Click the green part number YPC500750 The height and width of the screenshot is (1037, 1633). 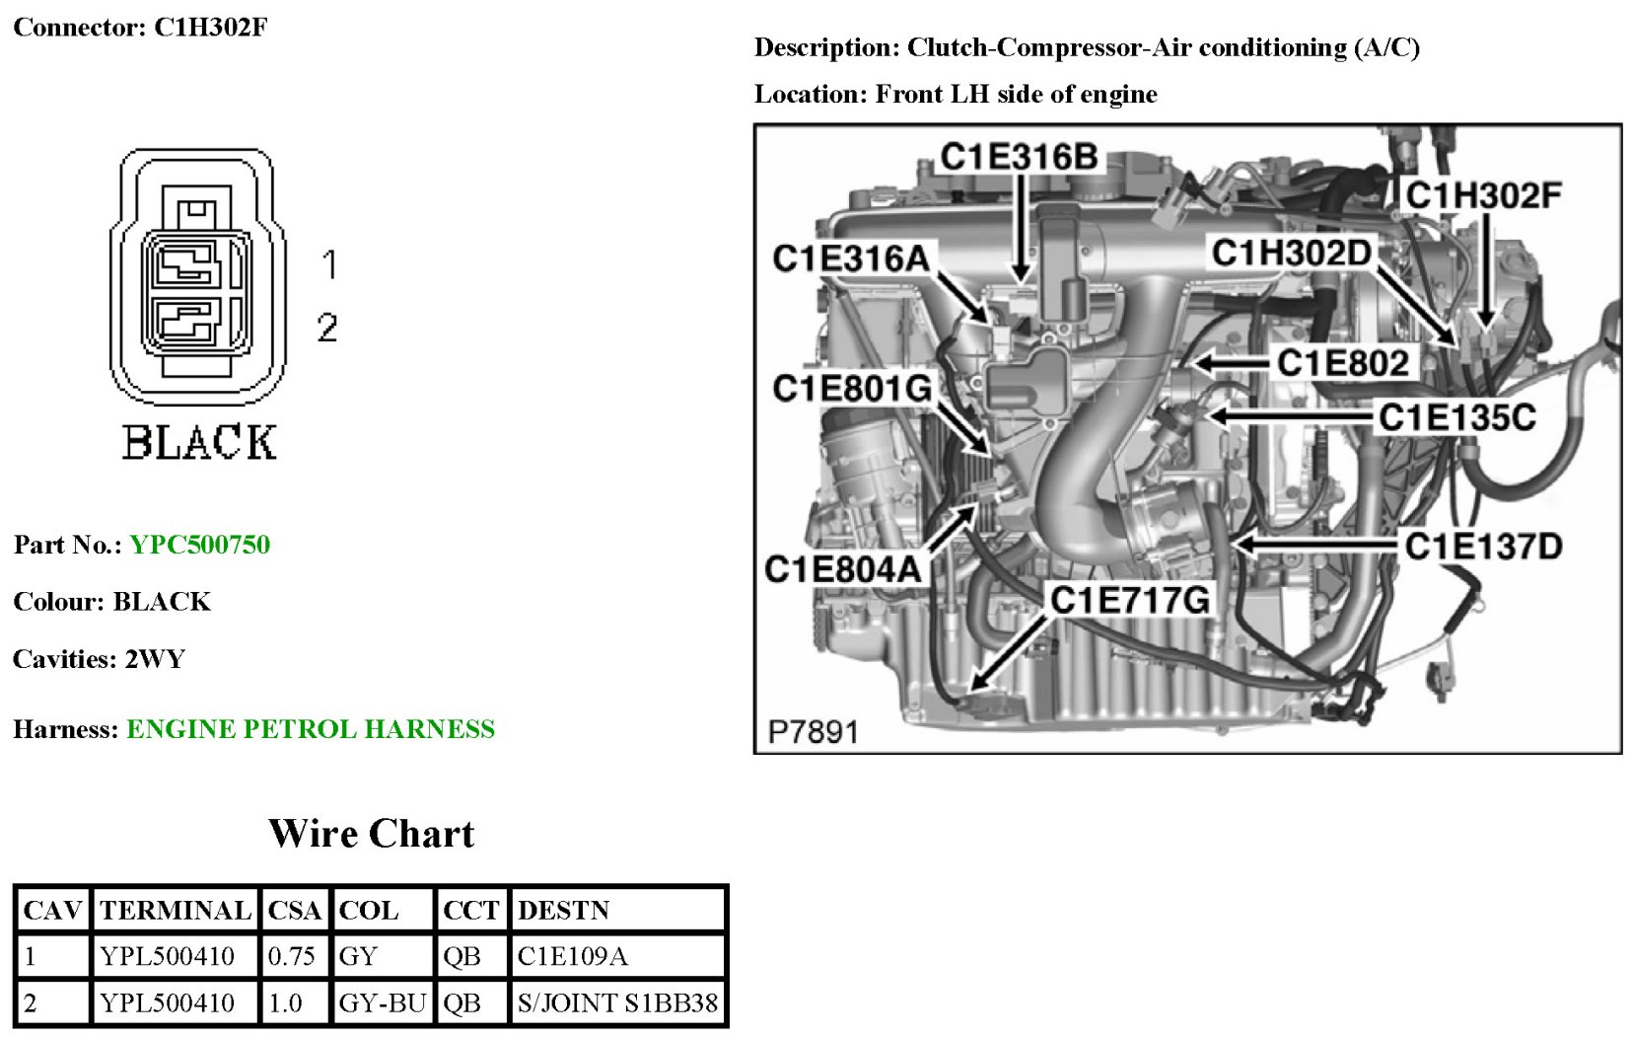[x=199, y=545]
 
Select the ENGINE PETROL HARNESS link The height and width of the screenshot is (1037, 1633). [x=311, y=729]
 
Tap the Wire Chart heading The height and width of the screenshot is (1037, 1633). [x=371, y=834]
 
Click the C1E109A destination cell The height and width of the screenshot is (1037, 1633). [x=572, y=956]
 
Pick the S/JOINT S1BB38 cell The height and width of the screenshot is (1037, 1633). [x=617, y=1003]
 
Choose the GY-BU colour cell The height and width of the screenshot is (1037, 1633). [x=382, y=1003]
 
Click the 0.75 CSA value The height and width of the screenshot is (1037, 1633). [x=291, y=956]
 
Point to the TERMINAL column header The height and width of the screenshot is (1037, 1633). [x=176, y=910]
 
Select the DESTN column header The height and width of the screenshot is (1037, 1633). [x=563, y=910]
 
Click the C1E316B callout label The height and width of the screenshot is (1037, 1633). [x=1018, y=157]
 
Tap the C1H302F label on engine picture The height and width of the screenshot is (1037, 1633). [x=1483, y=195]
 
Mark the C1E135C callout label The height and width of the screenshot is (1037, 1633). [x=1456, y=417]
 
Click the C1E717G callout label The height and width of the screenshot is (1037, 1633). [x=1129, y=600]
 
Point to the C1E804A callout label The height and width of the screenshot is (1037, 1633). [x=842, y=569]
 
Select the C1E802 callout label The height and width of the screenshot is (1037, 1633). [x=1342, y=363]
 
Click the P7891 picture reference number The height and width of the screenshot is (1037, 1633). [x=813, y=732]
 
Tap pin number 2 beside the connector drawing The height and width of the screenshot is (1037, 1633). [x=327, y=328]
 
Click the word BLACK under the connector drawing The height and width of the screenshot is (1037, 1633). [x=199, y=442]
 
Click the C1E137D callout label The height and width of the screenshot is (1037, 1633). [x=1483, y=546]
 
